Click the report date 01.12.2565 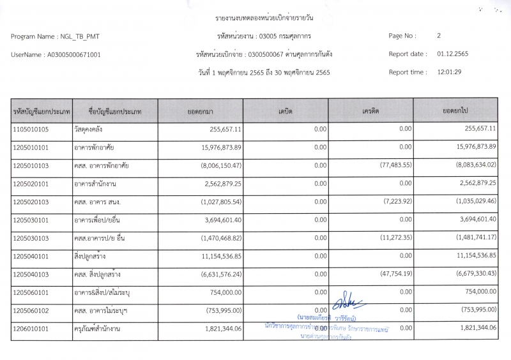[452, 54]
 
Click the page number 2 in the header [439, 36]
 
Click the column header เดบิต [286, 111]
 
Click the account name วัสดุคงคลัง [89, 130]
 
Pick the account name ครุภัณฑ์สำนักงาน [97, 328]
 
